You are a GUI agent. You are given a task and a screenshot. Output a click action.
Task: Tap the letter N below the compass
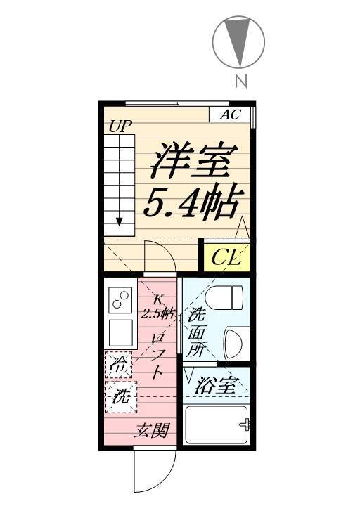(240, 81)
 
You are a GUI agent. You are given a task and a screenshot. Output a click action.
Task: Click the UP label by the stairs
(120, 127)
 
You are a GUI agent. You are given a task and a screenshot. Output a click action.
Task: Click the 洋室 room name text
(193, 162)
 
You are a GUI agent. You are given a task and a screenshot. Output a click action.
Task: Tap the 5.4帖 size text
(193, 201)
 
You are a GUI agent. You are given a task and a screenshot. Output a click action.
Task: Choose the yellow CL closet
(226, 257)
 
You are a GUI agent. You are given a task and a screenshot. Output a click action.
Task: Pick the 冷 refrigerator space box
(120, 364)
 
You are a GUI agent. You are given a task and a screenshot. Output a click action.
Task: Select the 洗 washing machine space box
(120, 396)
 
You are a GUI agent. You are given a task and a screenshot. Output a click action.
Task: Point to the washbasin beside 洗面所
(233, 343)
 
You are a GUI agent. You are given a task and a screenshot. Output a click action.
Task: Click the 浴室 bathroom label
(216, 385)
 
